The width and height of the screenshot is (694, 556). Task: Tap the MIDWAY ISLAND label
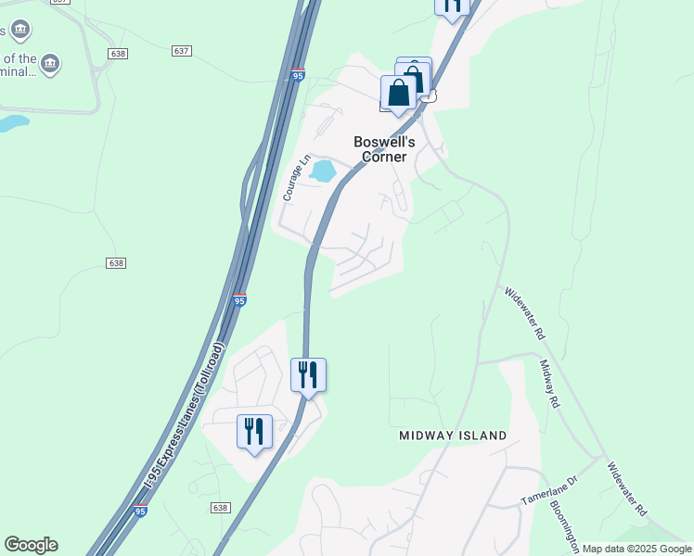tap(453, 436)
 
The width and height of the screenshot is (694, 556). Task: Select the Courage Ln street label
tap(297, 177)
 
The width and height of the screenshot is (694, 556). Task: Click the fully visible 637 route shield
tap(181, 50)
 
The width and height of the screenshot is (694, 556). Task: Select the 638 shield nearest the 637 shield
tap(117, 54)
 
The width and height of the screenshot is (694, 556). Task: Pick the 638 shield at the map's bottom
tap(220, 508)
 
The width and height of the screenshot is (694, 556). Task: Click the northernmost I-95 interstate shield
tap(296, 75)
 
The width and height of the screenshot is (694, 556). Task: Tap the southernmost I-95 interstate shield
tap(139, 510)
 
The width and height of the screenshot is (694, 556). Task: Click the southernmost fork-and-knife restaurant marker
tap(254, 432)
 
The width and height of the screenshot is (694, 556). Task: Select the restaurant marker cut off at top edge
tap(452, 6)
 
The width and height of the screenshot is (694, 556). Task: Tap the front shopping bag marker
tap(398, 93)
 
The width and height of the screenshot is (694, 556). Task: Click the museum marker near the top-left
tap(51, 63)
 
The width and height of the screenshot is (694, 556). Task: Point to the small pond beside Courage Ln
tap(323, 171)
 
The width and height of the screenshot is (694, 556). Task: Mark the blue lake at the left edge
tap(12, 122)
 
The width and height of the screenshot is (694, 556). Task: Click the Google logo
tap(31, 545)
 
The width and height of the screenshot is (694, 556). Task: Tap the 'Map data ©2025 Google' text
tap(636, 549)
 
